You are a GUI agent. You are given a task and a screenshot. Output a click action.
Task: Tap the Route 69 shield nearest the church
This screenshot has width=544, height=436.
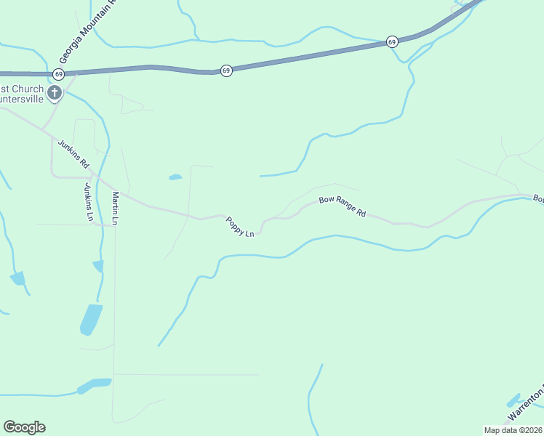click(x=58, y=74)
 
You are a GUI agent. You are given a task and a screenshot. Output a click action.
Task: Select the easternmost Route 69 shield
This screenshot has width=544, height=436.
click(x=392, y=41)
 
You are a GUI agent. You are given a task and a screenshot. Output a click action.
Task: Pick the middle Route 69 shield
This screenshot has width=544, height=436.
click(x=226, y=70)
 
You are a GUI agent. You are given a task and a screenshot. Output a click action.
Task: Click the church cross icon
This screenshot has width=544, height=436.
click(x=54, y=92)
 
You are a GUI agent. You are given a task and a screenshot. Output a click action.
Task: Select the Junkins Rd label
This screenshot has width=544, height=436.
click(x=73, y=154)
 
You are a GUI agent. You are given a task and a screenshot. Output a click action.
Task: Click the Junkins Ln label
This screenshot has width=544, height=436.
click(x=88, y=202)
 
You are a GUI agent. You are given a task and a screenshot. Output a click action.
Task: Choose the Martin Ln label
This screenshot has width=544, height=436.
click(x=115, y=208)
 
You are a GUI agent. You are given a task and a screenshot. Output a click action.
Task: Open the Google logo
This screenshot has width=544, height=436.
click(x=24, y=427)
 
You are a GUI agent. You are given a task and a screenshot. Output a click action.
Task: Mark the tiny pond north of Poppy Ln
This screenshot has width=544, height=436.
click(x=175, y=177)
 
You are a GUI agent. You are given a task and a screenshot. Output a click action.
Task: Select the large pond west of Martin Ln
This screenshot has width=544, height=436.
click(x=91, y=320)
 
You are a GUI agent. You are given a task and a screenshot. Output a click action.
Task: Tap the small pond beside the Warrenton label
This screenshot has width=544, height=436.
click(x=513, y=400)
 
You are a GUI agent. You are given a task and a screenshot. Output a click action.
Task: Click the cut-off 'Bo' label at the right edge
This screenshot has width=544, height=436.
click(x=538, y=198)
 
